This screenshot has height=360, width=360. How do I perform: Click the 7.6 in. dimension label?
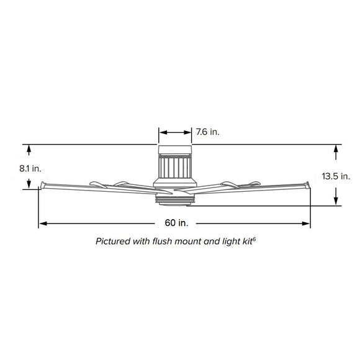[207, 132]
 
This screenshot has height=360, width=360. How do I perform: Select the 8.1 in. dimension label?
[30, 169]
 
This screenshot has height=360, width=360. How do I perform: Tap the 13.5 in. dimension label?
[336, 176]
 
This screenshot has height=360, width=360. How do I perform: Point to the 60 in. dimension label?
[176, 223]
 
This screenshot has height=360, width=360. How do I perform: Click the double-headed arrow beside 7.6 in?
[175, 132]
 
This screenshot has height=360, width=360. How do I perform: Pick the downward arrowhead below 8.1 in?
[29, 184]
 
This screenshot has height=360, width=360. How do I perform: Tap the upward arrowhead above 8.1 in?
[29, 150]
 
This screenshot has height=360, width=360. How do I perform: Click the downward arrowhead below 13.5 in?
[336, 199]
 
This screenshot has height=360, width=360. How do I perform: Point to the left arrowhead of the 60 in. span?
[43, 223]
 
